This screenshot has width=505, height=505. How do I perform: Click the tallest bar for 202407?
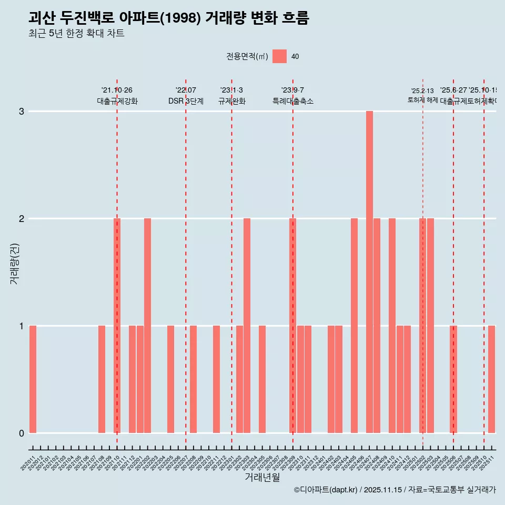[x=369, y=272]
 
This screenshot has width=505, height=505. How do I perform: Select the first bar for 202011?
[x=33, y=379]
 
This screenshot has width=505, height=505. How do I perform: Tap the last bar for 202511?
[x=491, y=379]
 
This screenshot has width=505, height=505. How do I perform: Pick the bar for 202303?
[x=247, y=326]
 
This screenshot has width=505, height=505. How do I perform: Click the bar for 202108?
[x=102, y=379]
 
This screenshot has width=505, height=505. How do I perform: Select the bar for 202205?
[x=170, y=379]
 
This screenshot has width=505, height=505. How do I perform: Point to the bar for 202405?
[x=354, y=326]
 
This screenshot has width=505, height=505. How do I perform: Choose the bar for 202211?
[x=216, y=379]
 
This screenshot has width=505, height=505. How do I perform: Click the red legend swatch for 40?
[x=279, y=56]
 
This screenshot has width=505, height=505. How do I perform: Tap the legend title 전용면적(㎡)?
[x=247, y=57]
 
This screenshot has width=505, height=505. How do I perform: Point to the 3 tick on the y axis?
[x=22, y=112]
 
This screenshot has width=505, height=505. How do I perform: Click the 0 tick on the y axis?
[x=22, y=433]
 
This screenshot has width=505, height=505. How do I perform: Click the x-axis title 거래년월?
[x=262, y=477]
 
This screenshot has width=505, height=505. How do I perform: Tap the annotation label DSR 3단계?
[x=186, y=102]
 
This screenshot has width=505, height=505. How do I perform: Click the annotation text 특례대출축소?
[x=292, y=102]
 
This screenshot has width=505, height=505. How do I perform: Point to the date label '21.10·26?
[x=117, y=90]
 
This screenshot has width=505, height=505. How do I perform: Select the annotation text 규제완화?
[x=231, y=102]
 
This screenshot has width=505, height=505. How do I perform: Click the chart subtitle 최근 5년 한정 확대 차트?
[x=76, y=34]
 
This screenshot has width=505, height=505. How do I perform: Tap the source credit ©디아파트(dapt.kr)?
[x=326, y=490]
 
